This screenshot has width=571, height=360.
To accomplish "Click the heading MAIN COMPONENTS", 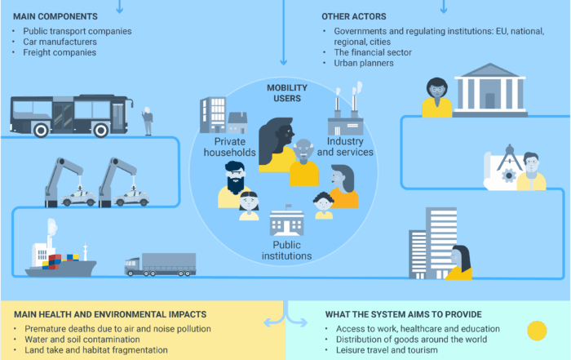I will (55, 16).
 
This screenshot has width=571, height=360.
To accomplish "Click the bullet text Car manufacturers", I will (59, 42).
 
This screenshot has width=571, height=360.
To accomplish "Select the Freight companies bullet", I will (54, 52).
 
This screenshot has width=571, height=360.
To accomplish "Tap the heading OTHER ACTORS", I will (354, 16).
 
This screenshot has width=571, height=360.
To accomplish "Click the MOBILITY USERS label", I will (284, 92).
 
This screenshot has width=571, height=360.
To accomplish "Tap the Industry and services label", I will (345, 146).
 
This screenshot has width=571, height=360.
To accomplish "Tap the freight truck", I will (160, 264).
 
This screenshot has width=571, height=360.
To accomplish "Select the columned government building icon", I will (489, 91).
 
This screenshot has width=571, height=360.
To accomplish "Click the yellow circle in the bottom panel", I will (537, 331).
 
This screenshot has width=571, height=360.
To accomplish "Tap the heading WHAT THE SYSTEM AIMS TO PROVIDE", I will (403, 314).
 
